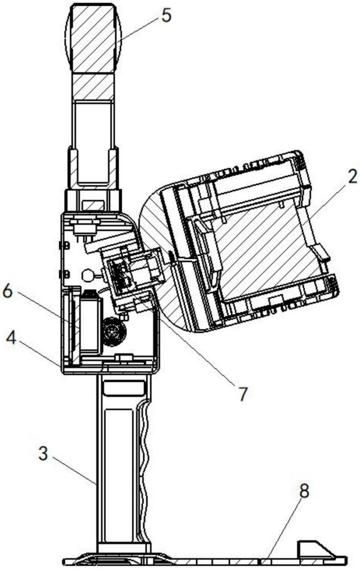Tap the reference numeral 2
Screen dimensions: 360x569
coord(350,176)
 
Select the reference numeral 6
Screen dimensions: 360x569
coord(7,291)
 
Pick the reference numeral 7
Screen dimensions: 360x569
coord(242,394)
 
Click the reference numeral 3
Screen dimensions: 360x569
coord(43,453)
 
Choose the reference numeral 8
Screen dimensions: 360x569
coord(304,492)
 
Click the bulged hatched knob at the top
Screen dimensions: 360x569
coord(93,38)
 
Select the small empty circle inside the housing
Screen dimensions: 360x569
coord(88,275)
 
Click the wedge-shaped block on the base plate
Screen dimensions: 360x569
coord(315,549)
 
